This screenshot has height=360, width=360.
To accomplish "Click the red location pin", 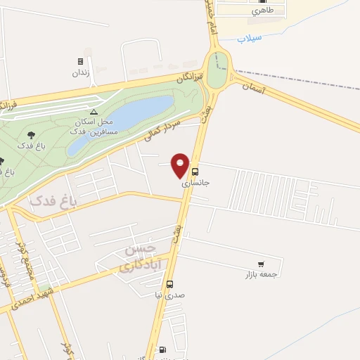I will pos(181,165).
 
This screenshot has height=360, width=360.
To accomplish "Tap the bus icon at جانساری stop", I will pos(195,171).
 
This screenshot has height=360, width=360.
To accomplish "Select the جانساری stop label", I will pos(196,182).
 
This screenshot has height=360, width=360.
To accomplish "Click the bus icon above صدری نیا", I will pos(169,285).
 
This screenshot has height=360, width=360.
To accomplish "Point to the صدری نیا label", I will pos(169,295).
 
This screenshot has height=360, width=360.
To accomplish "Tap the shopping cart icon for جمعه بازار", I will pos(261,264).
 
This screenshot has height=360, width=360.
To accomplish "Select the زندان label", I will pos(80,72).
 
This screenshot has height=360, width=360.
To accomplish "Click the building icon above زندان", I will pos(80,61).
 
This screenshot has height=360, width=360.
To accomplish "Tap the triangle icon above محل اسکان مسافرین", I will pos(94,112).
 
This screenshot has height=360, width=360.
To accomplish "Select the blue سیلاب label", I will pos(250,37).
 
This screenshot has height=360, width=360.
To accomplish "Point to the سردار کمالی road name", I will pos(162,131).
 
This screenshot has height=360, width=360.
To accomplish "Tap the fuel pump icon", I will pos(163,349).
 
